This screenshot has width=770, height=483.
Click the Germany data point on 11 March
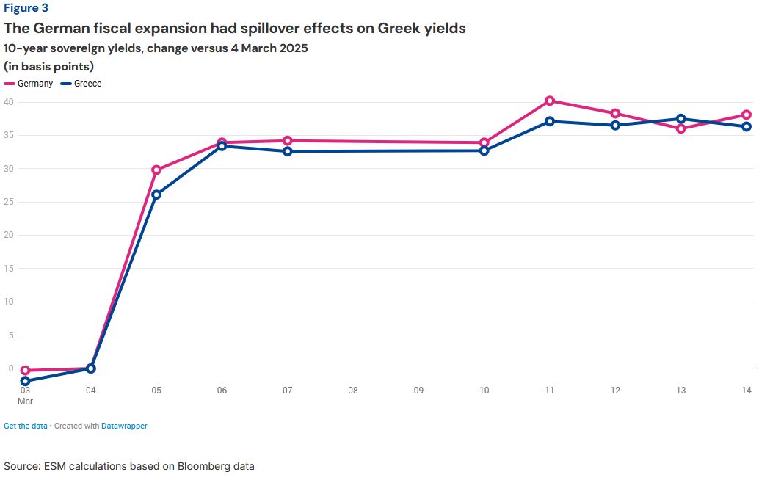(550, 101)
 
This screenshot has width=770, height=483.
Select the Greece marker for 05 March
(156, 195)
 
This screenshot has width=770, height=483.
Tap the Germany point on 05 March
(156, 170)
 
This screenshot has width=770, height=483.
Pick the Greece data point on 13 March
(681, 119)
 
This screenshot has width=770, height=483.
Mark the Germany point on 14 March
(747, 115)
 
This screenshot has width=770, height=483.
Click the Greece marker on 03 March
(25, 381)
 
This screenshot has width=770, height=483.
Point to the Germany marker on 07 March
(288, 140)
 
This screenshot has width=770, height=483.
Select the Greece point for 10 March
(484, 150)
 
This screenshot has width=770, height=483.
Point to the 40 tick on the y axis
(9, 102)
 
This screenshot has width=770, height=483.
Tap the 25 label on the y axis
(9, 202)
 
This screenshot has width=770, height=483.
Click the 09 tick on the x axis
(418, 391)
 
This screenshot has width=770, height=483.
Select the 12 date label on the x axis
(615, 391)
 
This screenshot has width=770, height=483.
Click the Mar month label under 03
(26, 401)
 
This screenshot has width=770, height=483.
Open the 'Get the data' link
(25, 426)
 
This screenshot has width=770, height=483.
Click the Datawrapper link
(124, 426)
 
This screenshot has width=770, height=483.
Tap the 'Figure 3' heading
(26, 9)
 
